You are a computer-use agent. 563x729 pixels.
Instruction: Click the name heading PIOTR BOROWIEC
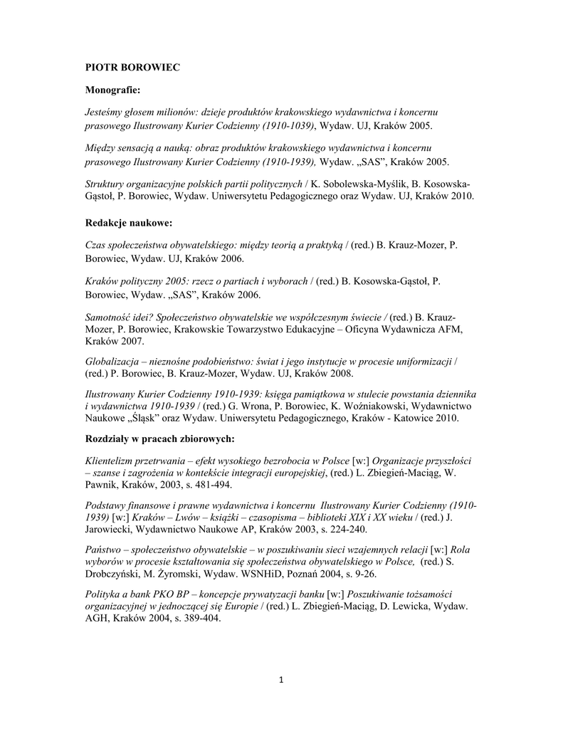pos(132,67)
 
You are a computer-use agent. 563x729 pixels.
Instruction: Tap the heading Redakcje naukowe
pos(129,223)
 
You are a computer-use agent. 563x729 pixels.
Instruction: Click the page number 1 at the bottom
pos(281,679)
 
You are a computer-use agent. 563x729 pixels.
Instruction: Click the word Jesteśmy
pos(105,113)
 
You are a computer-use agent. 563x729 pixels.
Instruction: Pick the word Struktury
pos(105,184)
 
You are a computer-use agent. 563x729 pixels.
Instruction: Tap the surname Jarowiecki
pos(107,529)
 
